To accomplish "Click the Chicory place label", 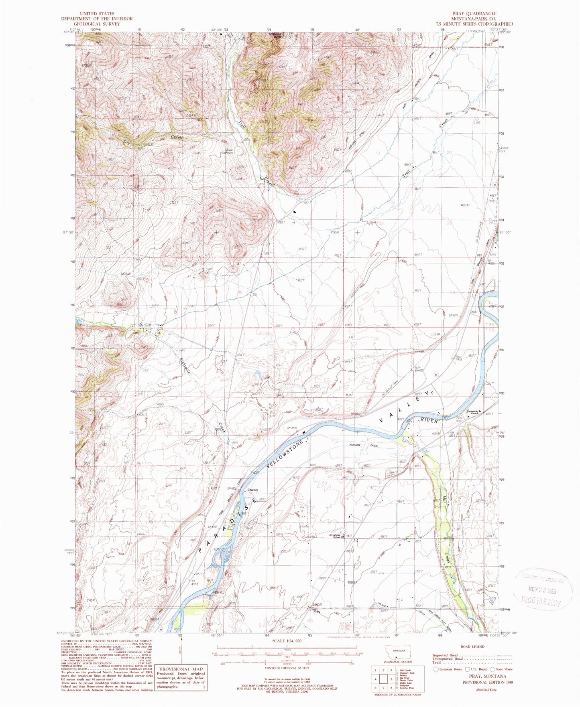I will tap(252, 490).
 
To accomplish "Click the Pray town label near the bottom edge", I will tap(317, 611).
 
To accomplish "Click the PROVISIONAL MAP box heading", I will tap(181, 669).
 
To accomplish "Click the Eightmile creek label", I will tap(187, 367).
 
